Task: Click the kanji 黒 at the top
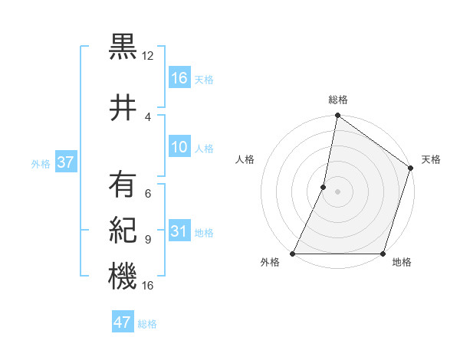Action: (x=123, y=47)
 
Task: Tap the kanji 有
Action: (x=123, y=185)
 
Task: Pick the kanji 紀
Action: (x=123, y=231)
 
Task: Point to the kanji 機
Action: (x=123, y=276)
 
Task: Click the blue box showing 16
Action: (x=179, y=78)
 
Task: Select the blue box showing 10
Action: (x=179, y=147)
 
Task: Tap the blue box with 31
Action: (x=179, y=231)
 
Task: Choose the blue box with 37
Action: (x=65, y=162)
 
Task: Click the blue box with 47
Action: (x=123, y=322)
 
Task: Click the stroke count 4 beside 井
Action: (x=147, y=116)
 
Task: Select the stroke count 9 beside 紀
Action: (x=147, y=239)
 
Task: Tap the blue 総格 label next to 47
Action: (x=147, y=324)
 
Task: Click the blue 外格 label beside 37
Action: (x=41, y=163)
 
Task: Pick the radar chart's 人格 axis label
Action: (x=245, y=159)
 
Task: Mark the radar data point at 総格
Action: (x=337, y=116)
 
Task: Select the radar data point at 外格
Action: (x=293, y=254)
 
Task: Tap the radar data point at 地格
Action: (x=383, y=254)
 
